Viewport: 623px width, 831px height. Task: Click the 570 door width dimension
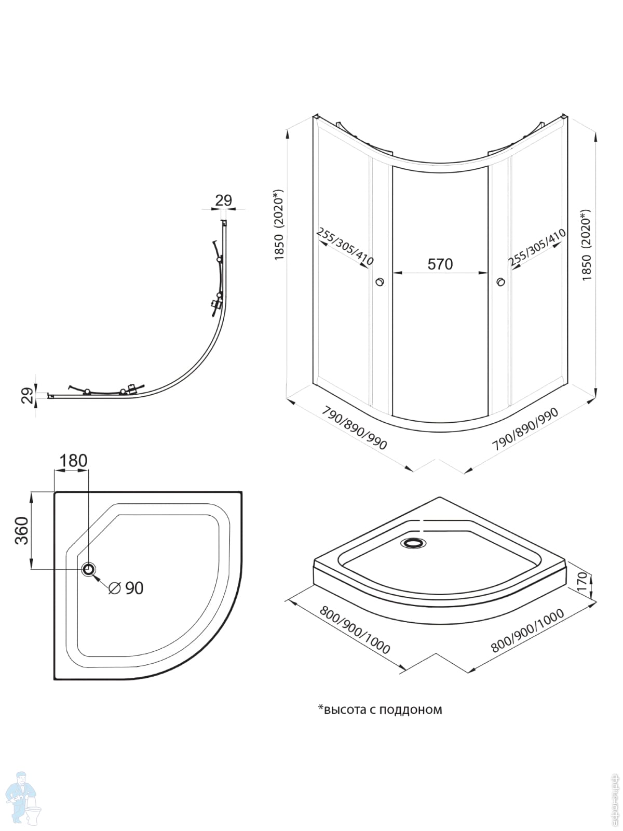coord(440,264)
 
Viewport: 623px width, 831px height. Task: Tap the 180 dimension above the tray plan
coord(73,461)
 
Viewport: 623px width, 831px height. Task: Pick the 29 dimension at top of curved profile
coord(223,200)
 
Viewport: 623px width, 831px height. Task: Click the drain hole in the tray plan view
coord(89,569)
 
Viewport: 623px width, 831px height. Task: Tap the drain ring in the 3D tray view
coord(414,543)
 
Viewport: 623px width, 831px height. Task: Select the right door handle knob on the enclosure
coord(500,282)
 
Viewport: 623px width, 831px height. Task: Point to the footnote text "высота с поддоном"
coord(380,709)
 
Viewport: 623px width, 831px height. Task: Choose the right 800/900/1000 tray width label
coord(527,631)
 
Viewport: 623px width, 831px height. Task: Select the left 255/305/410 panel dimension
coord(345,247)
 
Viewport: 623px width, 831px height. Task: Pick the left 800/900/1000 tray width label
coord(355,629)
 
